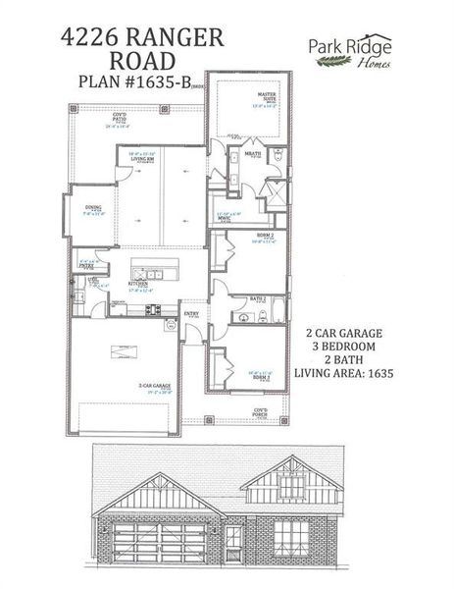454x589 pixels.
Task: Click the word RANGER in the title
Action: tap(174, 38)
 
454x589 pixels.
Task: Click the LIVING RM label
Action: tap(143, 156)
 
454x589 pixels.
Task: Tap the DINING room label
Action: tap(93, 208)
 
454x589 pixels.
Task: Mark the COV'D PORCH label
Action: tap(261, 411)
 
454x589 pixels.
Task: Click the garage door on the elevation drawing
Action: tap(158, 542)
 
